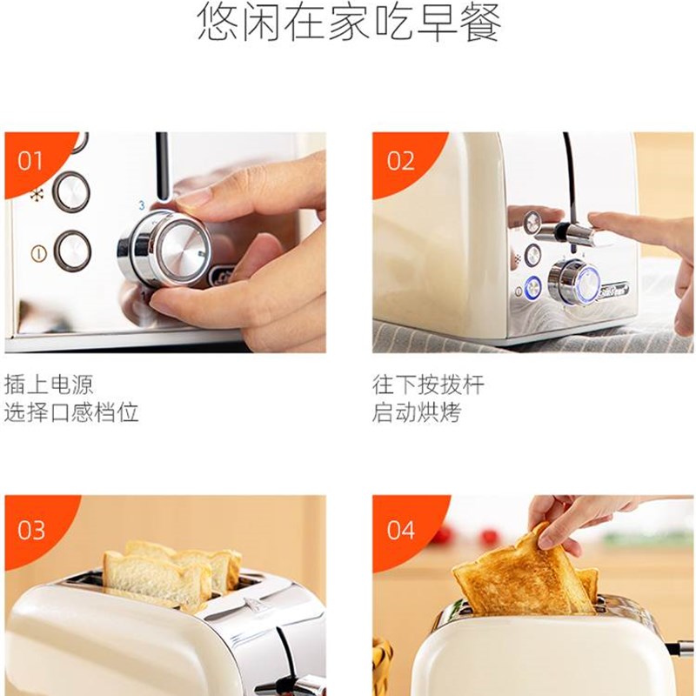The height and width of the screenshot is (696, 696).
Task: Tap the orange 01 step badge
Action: click(30, 160)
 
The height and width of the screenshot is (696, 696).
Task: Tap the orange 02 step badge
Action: click(400, 160)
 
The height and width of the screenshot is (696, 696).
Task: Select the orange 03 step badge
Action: click(31, 529)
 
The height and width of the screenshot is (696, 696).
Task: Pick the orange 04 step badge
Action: click(400, 529)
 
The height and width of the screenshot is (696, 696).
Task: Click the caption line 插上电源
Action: click(49, 384)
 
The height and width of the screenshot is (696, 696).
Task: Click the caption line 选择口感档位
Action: click(71, 412)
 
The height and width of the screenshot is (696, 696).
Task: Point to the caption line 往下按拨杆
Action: click(427, 384)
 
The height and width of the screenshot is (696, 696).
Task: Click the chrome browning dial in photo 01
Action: click(174, 246)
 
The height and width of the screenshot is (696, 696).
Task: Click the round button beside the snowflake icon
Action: click(71, 191)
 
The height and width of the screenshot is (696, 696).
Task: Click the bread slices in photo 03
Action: click(170, 574)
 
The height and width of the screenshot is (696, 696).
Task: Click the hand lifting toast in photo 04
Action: click(565, 518)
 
